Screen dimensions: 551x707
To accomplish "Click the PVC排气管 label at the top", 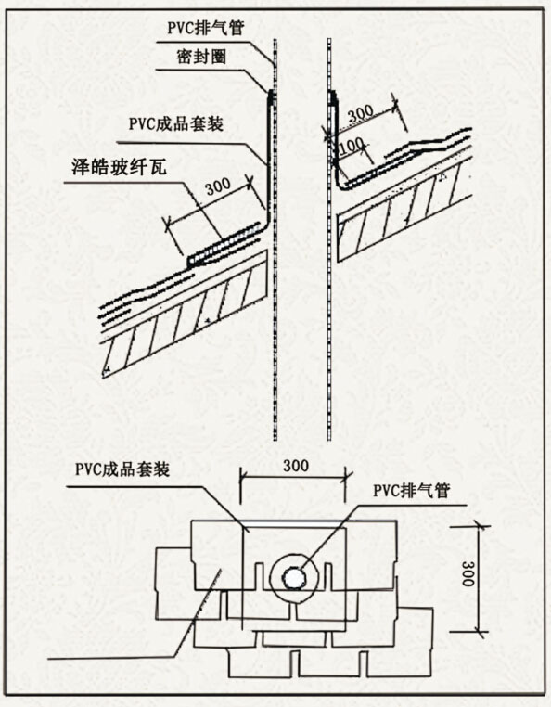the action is tap(206, 28).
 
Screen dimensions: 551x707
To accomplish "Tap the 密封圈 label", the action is tap(201, 57).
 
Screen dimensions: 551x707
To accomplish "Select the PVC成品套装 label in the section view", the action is tap(176, 123).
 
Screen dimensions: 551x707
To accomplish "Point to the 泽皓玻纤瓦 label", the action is tap(119, 167).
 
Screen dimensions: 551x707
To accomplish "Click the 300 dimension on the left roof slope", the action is tap(219, 186).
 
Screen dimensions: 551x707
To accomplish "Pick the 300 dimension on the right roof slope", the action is tap(361, 112).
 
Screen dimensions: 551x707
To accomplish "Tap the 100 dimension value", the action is tap(351, 145).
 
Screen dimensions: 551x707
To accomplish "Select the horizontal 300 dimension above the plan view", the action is tap(296, 466).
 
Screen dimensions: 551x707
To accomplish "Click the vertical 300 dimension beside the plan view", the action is tap(468, 573).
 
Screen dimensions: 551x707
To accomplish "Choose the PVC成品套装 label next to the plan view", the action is tap(122, 469).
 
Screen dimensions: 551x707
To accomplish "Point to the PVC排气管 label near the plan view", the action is tap(411, 490).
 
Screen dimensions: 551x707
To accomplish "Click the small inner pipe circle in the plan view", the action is tap(293, 578).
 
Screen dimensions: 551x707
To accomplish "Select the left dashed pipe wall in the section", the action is tap(275, 239).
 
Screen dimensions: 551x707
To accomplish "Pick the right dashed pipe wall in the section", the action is tap(329, 239).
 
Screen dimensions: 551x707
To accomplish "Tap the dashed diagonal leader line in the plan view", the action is tap(197, 613).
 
